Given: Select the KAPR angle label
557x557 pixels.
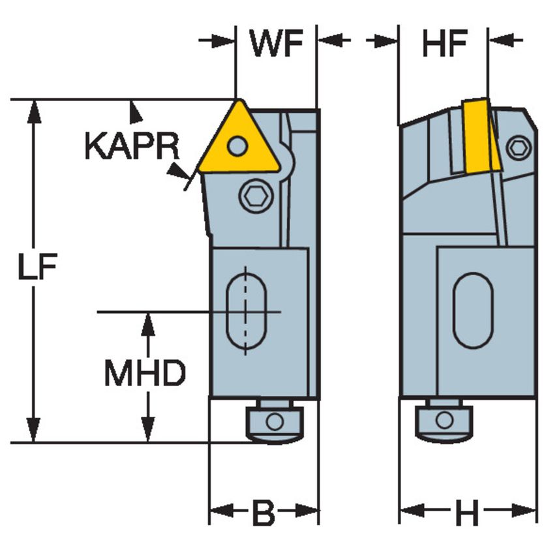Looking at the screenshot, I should pos(131,147).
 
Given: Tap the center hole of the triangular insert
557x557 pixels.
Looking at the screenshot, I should pos(239,145).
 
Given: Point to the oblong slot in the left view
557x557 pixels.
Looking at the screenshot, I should pos(246,311).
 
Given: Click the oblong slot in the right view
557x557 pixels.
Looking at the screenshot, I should pos(473,310).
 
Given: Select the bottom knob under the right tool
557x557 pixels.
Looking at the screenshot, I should pos(444,421).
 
